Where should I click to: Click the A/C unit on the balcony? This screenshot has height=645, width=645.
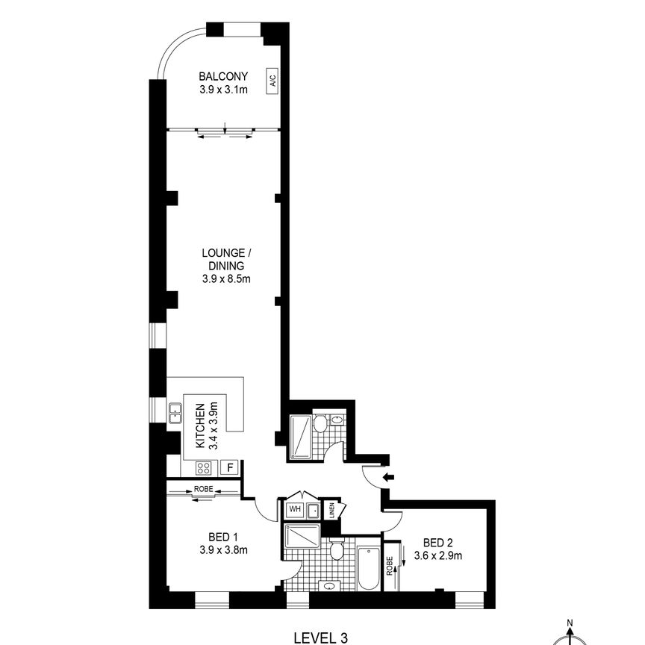click(x=272, y=81)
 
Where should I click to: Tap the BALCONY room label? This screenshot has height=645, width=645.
click(x=223, y=76)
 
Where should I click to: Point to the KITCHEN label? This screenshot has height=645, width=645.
click(x=200, y=426)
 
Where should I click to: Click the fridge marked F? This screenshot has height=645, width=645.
click(x=231, y=467)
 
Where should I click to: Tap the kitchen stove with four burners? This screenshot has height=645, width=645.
click(x=203, y=468)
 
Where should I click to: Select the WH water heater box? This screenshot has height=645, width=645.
click(x=295, y=510)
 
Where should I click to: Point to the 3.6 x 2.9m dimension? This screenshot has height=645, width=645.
click(x=443, y=555)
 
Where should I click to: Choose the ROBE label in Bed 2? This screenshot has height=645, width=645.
click(x=389, y=565)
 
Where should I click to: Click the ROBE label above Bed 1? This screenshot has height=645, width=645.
click(x=203, y=490)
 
